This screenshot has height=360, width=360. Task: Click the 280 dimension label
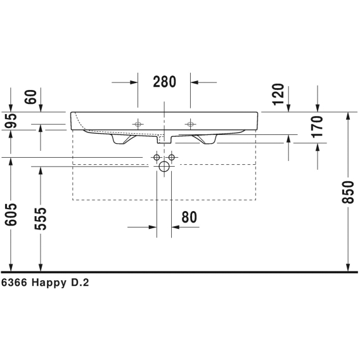164,82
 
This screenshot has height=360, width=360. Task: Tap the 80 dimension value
189,217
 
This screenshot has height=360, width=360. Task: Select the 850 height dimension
347,193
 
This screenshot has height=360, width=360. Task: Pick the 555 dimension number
41,219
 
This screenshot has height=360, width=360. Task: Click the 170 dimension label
317,127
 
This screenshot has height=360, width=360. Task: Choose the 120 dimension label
278,94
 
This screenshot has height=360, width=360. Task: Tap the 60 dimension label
30,97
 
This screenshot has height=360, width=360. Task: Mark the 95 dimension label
11,120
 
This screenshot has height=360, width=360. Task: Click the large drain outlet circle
164,167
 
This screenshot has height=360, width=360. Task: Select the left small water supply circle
157,157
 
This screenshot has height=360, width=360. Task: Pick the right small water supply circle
172,157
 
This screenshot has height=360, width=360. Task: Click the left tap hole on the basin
138,124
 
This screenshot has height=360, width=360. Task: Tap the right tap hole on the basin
190,124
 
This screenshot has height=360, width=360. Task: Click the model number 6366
14,283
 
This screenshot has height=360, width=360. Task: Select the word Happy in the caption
49,283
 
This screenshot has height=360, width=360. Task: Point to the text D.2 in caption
80,283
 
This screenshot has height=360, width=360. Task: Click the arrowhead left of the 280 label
134,82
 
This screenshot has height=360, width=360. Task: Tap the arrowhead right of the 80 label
176,228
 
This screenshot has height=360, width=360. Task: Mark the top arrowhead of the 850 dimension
348,116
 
